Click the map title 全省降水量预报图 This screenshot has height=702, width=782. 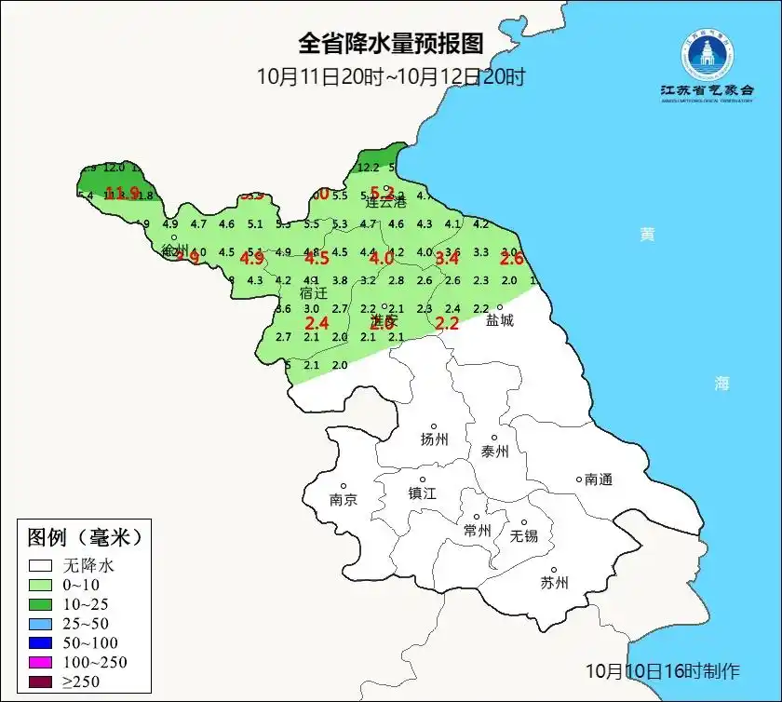[x=391, y=44]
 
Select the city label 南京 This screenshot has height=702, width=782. [x=344, y=499]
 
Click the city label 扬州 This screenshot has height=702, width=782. [x=435, y=439]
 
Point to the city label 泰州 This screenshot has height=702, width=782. [x=495, y=452]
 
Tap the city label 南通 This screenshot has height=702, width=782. [x=599, y=479]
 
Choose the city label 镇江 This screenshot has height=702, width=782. [x=423, y=493]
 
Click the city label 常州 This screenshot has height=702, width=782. [x=478, y=530]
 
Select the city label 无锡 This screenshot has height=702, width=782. [x=523, y=535]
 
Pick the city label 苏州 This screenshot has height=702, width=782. [x=554, y=583]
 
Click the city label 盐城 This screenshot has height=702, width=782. [x=500, y=319]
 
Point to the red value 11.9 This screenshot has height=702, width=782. [x=122, y=194]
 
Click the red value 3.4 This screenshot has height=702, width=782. [x=448, y=258]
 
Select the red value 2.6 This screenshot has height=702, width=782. [x=512, y=259]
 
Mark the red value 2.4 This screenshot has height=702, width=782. [x=317, y=323]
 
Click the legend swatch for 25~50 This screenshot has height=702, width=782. [x=40, y=623]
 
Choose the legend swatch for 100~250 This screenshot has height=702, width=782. [x=40, y=662]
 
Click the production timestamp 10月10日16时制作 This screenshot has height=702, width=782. [x=663, y=670]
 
